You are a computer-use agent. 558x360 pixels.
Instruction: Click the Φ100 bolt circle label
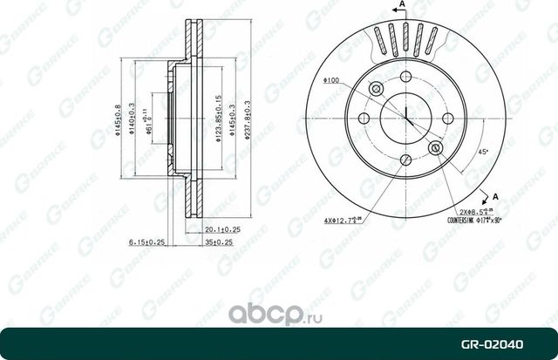coord(330,82)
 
